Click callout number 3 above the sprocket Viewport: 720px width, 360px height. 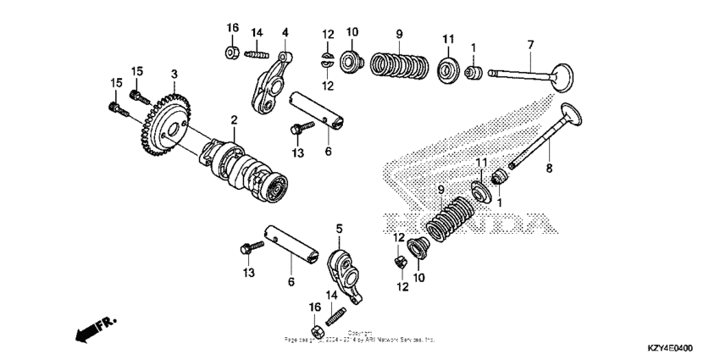coord(174,75)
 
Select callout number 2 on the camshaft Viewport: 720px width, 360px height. coord(234,120)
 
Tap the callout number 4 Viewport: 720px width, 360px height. coord(285,33)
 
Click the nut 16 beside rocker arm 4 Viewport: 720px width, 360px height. coord(231,54)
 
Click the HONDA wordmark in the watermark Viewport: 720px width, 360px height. coord(474,224)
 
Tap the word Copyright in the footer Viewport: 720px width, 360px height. coord(360,332)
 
